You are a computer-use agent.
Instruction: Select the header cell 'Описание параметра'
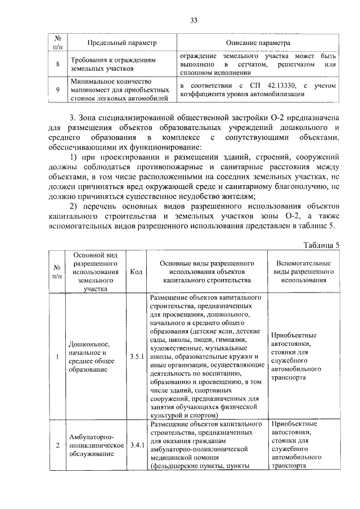(x=258, y=43)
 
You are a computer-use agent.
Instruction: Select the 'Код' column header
(x=136, y=271)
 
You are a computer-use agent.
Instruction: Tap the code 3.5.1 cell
(x=136, y=356)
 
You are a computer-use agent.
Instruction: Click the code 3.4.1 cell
(x=136, y=445)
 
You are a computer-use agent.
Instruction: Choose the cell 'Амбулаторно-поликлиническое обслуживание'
(x=96, y=445)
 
